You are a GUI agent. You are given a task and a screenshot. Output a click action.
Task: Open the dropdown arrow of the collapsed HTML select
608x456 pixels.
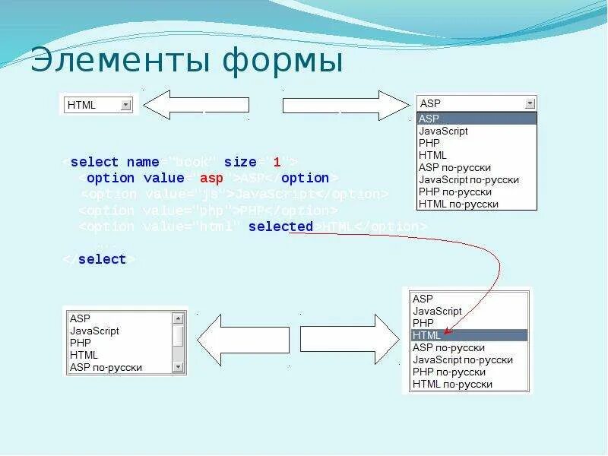click(x=126, y=105)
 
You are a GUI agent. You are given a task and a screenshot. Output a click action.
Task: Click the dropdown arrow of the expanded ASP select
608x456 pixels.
click(x=530, y=103)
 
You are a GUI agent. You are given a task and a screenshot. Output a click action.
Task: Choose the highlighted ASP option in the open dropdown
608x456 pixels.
click(x=477, y=119)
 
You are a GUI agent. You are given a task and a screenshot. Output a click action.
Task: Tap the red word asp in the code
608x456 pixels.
click(x=211, y=179)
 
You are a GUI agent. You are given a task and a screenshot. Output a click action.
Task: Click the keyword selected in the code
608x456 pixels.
click(x=280, y=226)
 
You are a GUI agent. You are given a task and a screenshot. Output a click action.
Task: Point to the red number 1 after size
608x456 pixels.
click(x=277, y=162)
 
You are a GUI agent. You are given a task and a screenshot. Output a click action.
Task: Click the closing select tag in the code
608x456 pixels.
click(x=102, y=259)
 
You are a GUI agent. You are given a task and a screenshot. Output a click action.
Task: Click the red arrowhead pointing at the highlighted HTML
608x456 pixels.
click(x=448, y=331)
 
